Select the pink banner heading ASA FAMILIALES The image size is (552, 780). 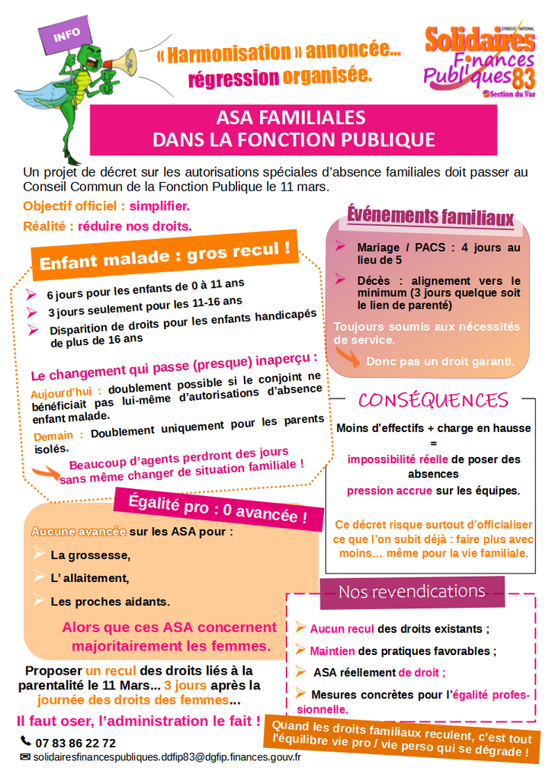(294, 129)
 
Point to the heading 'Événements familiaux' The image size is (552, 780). (431, 218)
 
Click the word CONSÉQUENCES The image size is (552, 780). (433, 400)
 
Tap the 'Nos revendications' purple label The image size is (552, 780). (412, 591)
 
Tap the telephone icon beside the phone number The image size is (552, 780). (25, 741)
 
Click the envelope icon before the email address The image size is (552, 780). (25, 757)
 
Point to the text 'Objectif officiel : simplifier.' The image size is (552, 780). (106, 206)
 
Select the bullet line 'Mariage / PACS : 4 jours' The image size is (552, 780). (438, 254)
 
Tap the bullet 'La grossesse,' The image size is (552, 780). (91, 555)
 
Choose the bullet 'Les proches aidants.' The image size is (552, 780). (110, 601)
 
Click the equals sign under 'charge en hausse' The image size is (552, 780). (433, 443)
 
